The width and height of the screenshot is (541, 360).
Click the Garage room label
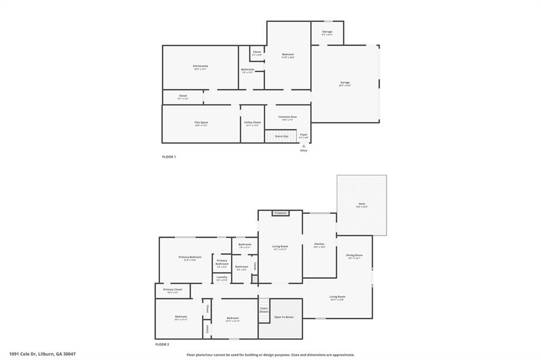[344, 82]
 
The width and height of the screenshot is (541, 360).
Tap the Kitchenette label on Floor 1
[200, 67]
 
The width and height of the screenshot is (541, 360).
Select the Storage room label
[327, 32]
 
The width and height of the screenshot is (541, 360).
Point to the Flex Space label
[201, 122]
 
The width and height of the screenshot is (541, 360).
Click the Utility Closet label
[253, 122]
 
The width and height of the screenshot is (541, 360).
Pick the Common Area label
[287, 117]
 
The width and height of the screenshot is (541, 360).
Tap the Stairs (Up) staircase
[281, 137]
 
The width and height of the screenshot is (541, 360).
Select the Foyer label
[303, 135]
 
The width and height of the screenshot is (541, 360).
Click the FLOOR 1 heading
[169, 157]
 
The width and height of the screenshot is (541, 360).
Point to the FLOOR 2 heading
[162, 345]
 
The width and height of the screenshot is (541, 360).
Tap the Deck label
[361, 204]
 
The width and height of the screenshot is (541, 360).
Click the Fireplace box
[280, 213]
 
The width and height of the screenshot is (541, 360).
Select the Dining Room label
[354, 255]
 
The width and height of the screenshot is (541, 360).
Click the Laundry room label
[222, 277]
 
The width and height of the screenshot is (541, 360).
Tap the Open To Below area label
[284, 317]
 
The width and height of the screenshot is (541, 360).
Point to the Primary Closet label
[172, 289]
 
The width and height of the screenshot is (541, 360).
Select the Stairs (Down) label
[264, 310]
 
